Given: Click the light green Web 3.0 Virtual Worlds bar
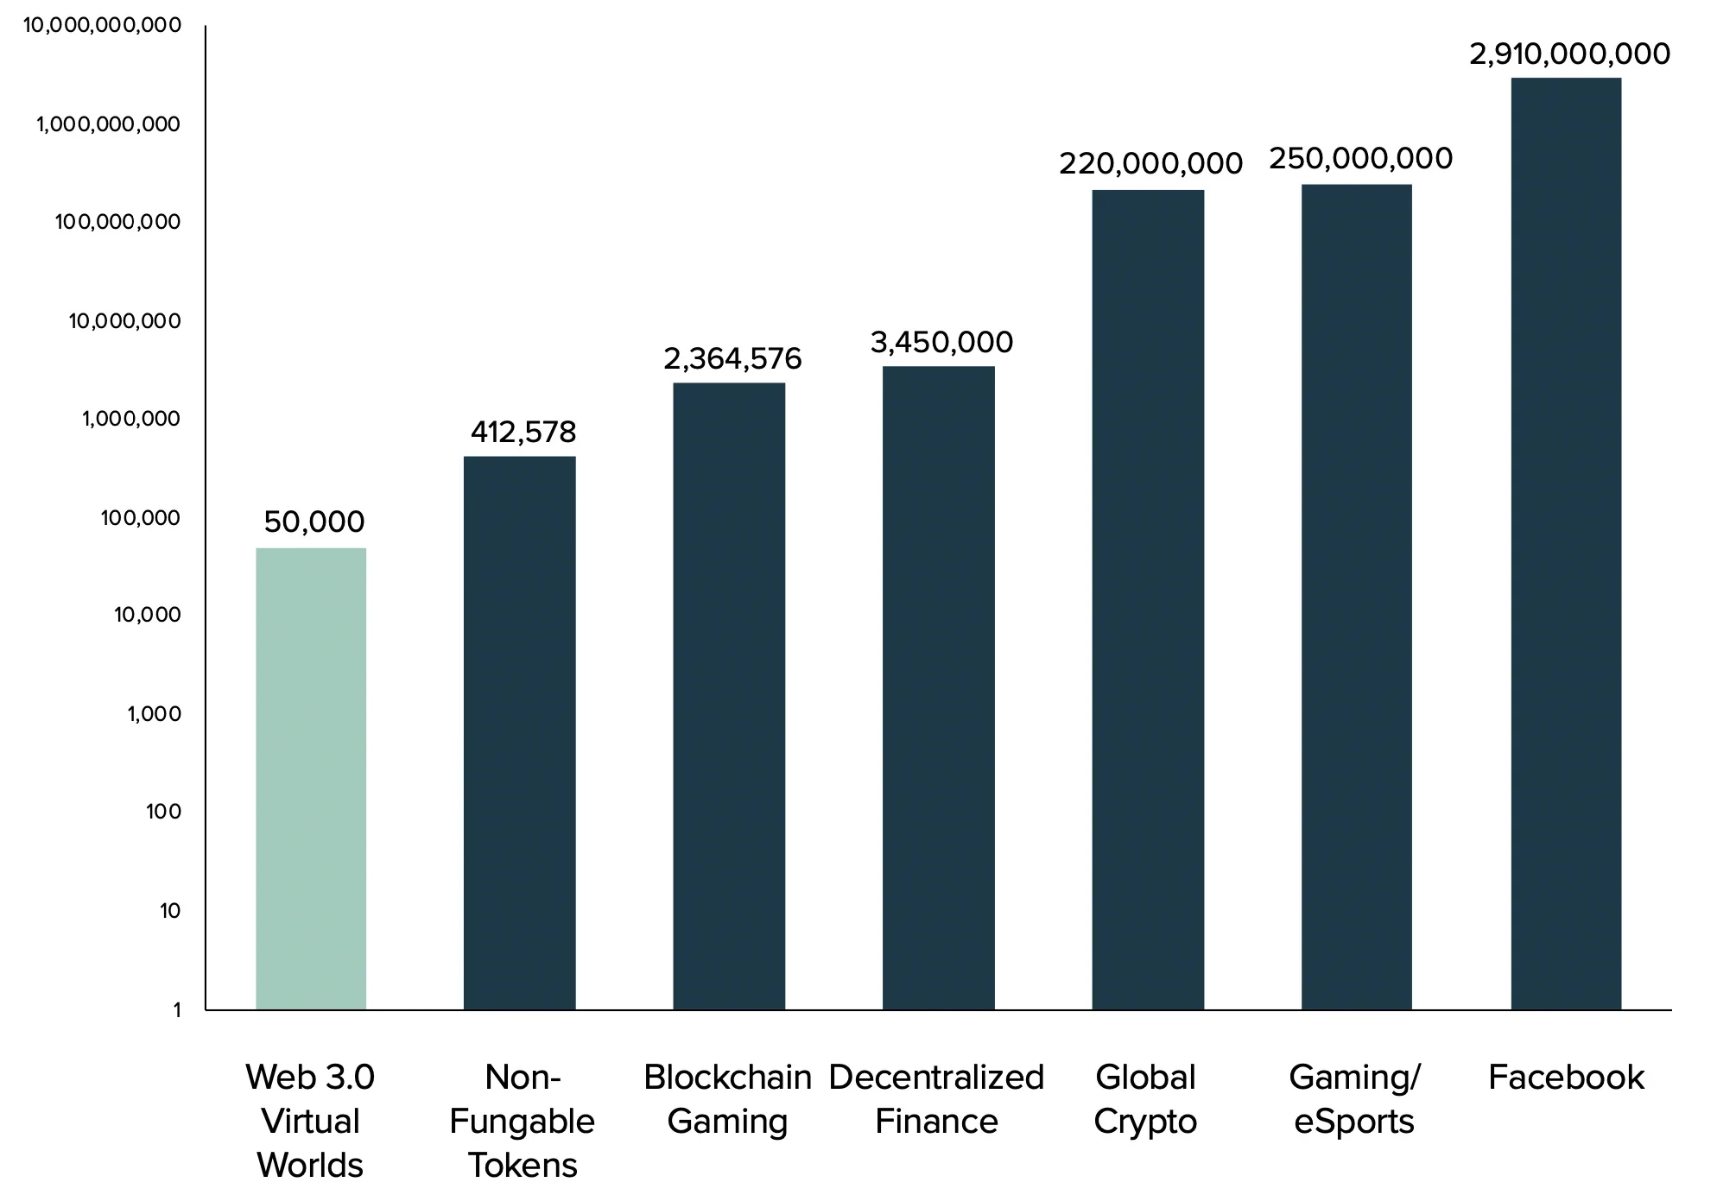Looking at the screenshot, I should coord(311,778).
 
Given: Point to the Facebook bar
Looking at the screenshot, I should coord(1566,543).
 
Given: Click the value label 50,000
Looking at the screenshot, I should coord(314,522).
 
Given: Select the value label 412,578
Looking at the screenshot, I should coord(523,432).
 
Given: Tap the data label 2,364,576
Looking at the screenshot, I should coord(732,358).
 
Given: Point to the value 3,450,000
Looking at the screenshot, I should coord(941,343).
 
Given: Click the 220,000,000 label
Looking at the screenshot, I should coord(1150,163).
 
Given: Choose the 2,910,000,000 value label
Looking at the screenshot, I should coord(1569,54).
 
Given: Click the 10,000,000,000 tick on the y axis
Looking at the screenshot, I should coord(102,25).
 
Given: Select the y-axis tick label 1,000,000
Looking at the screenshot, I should coord(131,419).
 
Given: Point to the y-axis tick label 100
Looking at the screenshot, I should coord(164,812).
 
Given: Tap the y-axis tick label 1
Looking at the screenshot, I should coord(177,1009).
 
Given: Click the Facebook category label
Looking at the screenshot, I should coord(1566,1078).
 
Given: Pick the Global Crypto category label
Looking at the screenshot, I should coord(1145,1099).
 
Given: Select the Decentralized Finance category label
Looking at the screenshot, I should coord(936,1099).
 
